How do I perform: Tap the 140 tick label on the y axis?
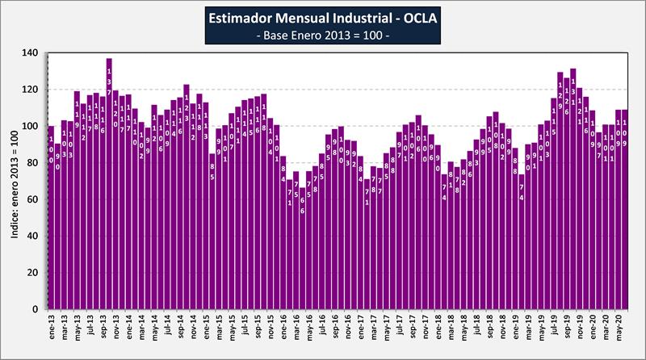pos(31,52)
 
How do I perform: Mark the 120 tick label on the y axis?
pos(31,90)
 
